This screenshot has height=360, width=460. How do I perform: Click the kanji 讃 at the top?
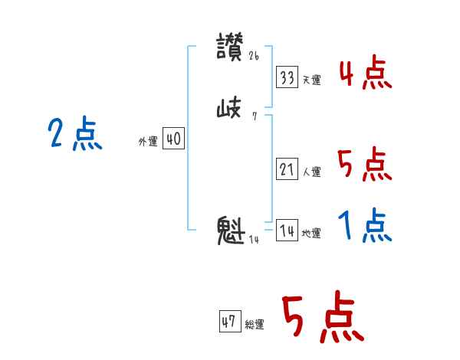tap(230, 47)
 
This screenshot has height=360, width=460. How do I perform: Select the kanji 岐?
tap(230, 110)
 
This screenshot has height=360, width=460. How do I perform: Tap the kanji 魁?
tap(231, 231)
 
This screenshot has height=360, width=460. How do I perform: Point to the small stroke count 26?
tap(255, 56)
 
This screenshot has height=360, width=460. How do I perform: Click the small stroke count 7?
tap(254, 116)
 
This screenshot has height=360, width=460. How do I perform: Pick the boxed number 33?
tap(287, 77)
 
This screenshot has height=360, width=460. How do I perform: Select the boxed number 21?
tap(287, 169)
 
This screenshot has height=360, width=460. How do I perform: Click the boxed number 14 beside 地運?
tap(287, 231)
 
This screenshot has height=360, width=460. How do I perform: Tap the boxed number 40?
tap(173, 139)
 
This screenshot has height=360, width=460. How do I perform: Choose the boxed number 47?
tap(228, 322)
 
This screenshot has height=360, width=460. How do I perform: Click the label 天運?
tap(311, 80)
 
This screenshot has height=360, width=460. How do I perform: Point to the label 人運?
tap(311, 172)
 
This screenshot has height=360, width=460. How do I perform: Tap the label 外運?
tap(148, 142)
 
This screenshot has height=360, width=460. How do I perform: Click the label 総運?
tap(255, 325)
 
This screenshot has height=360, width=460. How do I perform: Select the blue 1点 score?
tap(365, 227)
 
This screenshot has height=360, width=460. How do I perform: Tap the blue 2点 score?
tap(75, 134)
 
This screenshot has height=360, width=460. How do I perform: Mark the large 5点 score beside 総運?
tap(322, 318)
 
